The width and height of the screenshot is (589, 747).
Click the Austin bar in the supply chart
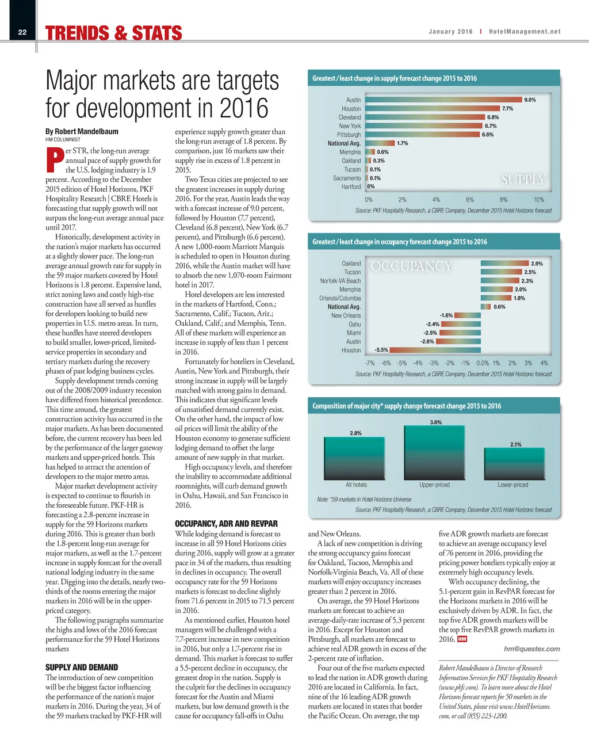[443, 100]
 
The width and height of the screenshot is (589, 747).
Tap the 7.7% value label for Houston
[507, 109]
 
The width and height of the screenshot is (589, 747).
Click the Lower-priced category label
[512, 485]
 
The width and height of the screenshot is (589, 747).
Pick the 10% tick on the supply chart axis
[538, 200]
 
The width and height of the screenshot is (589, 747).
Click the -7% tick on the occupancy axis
[369, 363]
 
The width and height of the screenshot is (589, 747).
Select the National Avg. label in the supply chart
[344, 143]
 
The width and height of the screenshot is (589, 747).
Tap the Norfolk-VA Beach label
[341, 281]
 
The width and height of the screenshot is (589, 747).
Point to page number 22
[22, 32]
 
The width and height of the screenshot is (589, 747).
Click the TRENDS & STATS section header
[114, 33]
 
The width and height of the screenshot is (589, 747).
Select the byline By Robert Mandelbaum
[82, 131]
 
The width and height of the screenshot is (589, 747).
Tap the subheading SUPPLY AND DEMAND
[82, 668]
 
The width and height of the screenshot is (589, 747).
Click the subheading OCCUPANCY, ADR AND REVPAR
[226, 524]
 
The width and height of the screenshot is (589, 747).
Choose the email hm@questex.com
[531, 649]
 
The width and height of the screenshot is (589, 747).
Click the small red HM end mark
[462, 639]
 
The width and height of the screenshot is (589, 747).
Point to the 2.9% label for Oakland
[537, 264]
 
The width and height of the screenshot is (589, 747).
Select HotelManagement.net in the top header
[525, 32]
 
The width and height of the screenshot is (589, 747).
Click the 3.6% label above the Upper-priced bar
[436, 422]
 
